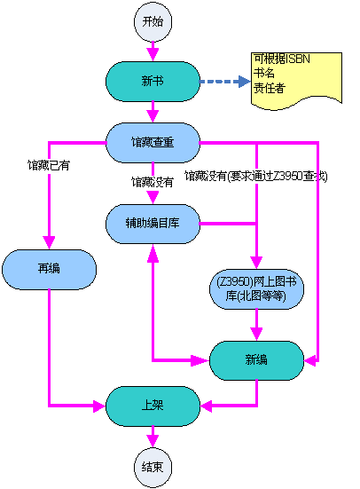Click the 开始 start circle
click(153, 22)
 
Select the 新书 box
click(153, 82)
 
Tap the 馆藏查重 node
click(153, 143)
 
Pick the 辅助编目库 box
click(153, 224)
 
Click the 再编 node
click(50, 269)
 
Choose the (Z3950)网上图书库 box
click(256, 289)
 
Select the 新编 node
click(256, 360)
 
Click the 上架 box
click(153, 406)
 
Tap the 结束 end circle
click(153, 468)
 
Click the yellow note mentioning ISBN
click(296, 80)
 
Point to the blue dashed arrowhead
click(245, 82)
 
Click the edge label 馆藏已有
click(49, 165)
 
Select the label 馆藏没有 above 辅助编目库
click(153, 182)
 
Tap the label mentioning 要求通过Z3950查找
click(256, 177)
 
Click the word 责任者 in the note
click(270, 88)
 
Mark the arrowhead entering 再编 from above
click(49, 242)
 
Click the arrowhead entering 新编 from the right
click(310, 361)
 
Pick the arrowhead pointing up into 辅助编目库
click(153, 253)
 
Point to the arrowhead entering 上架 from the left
click(99, 406)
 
